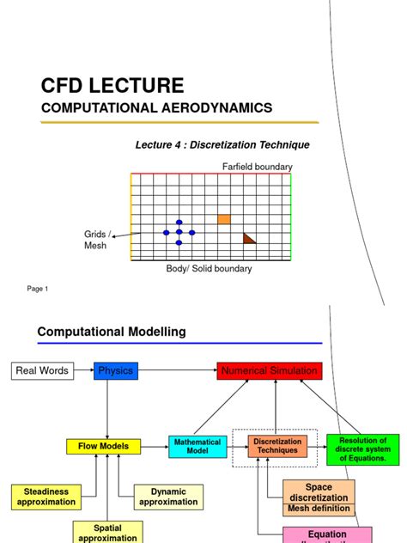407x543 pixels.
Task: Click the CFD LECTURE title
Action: [x=112, y=85]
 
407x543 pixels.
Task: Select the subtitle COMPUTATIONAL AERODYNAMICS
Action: [x=156, y=108]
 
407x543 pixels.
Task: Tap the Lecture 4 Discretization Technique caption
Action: [x=222, y=145]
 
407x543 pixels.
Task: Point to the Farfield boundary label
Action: [x=258, y=166]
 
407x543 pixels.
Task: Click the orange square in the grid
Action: [x=224, y=219]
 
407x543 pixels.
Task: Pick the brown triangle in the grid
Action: [x=249, y=238]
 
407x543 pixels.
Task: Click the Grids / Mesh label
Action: [x=95, y=239]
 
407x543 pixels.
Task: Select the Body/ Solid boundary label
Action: [x=209, y=269]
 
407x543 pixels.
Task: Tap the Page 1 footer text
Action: [x=38, y=289]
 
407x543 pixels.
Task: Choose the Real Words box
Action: [x=42, y=371]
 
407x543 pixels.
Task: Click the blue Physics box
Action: [x=116, y=371]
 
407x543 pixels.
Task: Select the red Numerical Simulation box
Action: [x=270, y=371]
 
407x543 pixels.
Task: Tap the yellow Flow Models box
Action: [x=103, y=446]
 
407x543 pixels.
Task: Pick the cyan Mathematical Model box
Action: [x=197, y=446]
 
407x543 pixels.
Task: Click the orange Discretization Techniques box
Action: [x=276, y=446]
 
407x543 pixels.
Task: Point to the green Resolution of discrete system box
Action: [x=363, y=449]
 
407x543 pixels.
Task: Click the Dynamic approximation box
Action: [x=168, y=497]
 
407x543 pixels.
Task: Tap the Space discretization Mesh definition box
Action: [x=318, y=497]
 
